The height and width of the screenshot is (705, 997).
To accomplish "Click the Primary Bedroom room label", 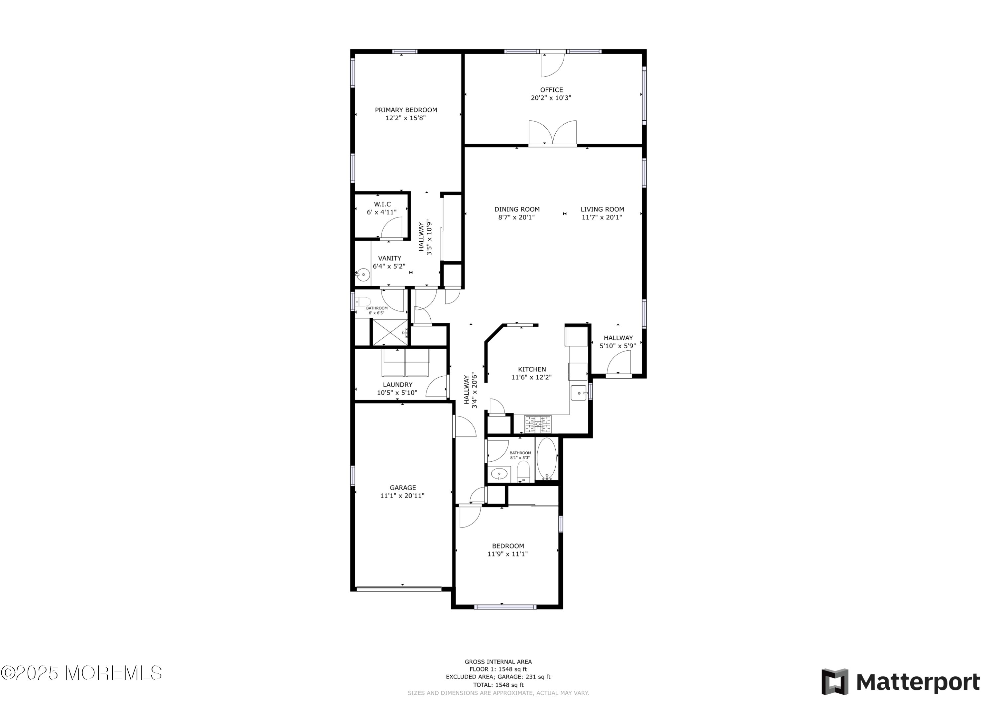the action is tap(406, 110).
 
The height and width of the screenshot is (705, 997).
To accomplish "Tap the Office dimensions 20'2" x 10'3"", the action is tap(551, 98).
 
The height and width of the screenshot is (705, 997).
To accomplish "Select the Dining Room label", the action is tap(517, 209).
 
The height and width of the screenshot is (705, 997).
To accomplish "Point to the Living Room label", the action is tap(602, 209).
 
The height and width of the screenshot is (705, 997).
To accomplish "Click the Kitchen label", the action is tap(532, 369).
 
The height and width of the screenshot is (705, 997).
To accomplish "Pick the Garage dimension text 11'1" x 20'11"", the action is tap(402, 496).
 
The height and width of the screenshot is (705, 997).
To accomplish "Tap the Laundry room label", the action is tap(398, 385).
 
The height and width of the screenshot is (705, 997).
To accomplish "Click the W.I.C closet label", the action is tap(382, 204).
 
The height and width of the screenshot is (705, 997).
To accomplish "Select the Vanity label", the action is tap(389, 258).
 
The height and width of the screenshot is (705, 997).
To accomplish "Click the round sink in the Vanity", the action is tap(363, 275).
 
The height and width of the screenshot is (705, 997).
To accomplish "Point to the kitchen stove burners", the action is tap(538, 424).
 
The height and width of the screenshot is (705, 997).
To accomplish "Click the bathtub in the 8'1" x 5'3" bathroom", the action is tap(547, 459).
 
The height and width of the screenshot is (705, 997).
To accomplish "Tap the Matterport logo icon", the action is tap(834, 681).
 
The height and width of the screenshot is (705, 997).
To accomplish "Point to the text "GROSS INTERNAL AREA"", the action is tap(498, 662).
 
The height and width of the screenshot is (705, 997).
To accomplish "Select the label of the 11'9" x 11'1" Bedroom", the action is tap(507, 546).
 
